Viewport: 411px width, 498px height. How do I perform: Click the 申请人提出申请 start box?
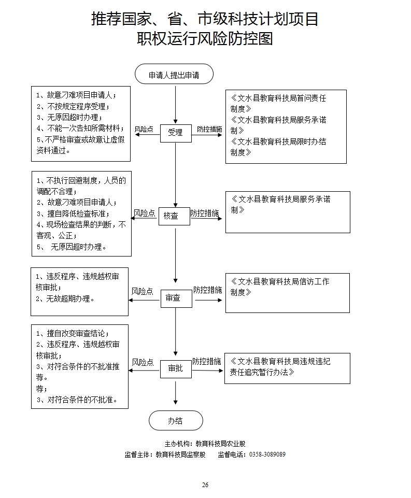(174, 75)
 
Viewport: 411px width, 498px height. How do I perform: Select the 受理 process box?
(175, 133)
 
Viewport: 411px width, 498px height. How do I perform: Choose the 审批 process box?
(176, 368)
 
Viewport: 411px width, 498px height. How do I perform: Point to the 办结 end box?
(176, 421)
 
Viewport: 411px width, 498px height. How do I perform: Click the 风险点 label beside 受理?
(144, 130)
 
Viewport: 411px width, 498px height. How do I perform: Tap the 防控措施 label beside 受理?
(209, 130)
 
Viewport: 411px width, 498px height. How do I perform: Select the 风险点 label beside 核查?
(144, 213)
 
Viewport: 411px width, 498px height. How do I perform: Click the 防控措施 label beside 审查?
(207, 290)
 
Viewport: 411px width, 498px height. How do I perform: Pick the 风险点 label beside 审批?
(143, 362)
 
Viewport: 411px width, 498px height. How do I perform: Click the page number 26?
(205, 485)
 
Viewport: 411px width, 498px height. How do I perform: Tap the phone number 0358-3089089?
(267, 454)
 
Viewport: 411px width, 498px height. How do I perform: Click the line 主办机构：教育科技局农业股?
(205, 444)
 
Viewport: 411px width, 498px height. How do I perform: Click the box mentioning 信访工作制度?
(287, 293)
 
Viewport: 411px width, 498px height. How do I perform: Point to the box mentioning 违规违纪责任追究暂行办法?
(287, 368)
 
